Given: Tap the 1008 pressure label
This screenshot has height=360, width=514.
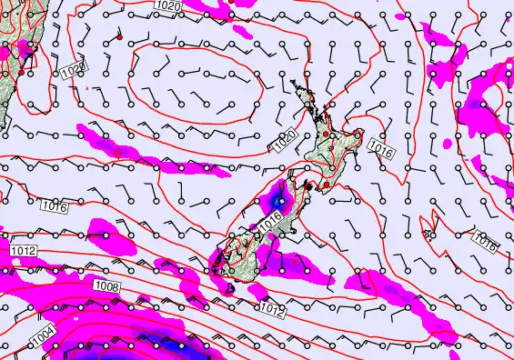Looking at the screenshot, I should [x=105, y=286].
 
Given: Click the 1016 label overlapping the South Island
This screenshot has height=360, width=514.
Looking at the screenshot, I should [x=270, y=220].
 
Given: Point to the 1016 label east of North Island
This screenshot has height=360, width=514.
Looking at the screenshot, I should [x=381, y=149].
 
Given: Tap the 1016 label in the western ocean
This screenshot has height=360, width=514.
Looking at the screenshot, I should [x=54, y=207].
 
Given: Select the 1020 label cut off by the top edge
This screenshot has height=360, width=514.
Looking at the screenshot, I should [x=167, y=5].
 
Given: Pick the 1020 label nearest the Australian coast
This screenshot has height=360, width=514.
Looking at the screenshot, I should [x=73, y=70].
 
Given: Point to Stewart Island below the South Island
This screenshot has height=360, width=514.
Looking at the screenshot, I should [x=228, y=288].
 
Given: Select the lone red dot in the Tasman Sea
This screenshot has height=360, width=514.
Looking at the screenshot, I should [x=120, y=38].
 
